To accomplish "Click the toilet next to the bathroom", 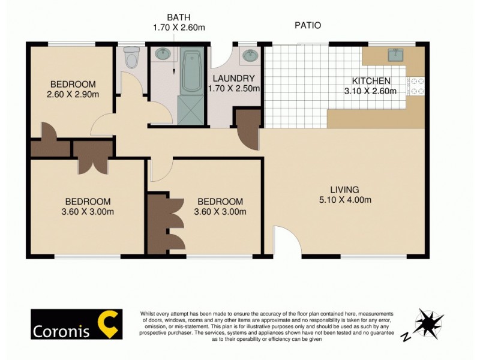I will pos(130,58).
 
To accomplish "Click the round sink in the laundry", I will pos(249,56).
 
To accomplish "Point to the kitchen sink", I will pos(395,56).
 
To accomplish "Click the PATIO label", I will pos(307,25).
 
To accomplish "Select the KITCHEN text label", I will pos(371,81).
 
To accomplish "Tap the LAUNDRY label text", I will pos(234,78).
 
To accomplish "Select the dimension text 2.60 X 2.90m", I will pos(73,94).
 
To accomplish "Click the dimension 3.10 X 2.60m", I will pos(371,91).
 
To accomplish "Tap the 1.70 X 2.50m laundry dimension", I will pos(234,88).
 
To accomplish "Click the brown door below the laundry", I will pos(247,127).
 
